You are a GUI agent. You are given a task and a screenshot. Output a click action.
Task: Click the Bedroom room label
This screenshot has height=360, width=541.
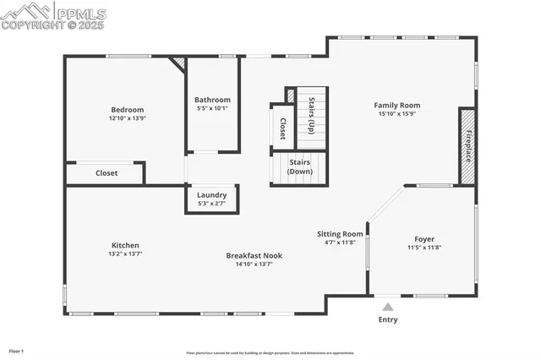[127, 110]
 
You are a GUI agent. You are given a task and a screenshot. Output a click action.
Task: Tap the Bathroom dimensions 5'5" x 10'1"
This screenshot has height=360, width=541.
[211, 108]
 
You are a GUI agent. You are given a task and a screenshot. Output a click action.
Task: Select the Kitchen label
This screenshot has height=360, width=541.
[125, 245]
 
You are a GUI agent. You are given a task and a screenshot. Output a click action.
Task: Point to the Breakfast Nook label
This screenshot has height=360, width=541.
[254, 255]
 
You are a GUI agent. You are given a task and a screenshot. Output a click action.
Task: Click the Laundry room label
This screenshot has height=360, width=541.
[211, 195]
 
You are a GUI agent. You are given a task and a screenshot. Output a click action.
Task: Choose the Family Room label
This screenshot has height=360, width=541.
[397, 106]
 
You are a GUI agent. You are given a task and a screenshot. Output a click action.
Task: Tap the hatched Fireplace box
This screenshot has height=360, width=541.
[467, 145]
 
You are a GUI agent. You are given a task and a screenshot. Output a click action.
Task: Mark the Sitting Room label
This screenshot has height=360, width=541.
[340, 233]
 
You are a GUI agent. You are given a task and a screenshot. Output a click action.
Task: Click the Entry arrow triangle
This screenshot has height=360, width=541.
[387, 307]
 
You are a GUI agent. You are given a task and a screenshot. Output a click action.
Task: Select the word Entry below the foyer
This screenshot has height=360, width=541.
[387, 319]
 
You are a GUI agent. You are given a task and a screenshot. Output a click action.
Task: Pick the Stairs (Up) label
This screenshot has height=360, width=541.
[311, 115]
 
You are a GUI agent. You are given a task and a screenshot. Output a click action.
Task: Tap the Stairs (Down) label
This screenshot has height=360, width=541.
[300, 166]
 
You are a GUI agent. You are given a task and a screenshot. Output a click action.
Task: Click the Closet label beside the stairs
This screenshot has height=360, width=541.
[281, 128]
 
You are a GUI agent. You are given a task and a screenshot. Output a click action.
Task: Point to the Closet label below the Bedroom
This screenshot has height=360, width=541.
[107, 173]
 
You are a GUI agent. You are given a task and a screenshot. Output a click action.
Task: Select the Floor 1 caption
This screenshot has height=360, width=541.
[17, 351]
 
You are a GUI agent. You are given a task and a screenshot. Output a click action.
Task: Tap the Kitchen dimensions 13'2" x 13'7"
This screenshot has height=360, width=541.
[125, 254]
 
